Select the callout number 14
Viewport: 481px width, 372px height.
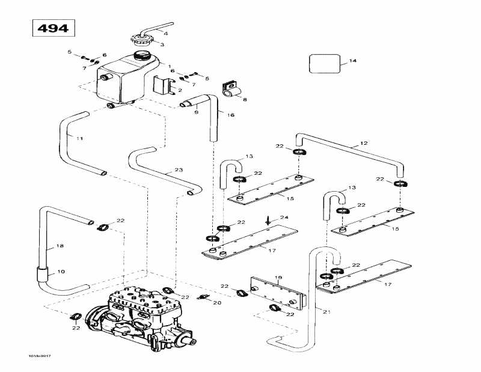353,61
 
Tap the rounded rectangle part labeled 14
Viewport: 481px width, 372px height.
325,63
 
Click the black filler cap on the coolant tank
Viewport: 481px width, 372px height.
143,55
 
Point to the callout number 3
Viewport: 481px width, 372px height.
162,44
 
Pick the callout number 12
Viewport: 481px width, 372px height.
363,144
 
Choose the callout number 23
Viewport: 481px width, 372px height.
178,171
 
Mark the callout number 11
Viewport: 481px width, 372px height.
79,138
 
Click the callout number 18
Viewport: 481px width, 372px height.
60,246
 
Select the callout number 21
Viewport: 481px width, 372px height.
326,311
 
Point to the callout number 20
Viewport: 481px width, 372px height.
218,303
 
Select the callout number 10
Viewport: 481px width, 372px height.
61,272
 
